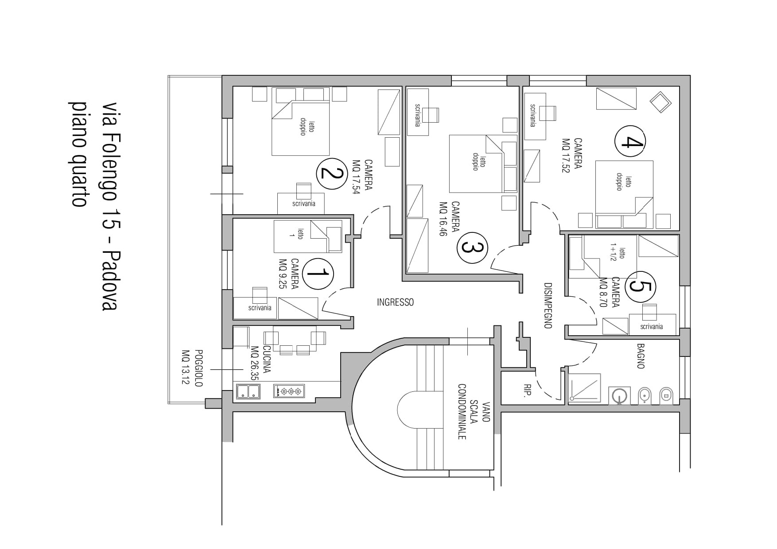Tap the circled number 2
[x=331, y=173]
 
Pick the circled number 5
[x=641, y=286]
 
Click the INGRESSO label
[x=395, y=302]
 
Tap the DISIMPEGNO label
[x=548, y=305]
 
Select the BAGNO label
[x=641, y=356]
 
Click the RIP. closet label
[x=528, y=390]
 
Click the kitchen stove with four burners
[x=289, y=391]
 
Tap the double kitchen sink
[x=248, y=391]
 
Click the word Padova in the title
[x=109, y=280]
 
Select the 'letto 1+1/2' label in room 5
[x=618, y=253]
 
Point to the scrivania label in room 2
[x=304, y=204]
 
